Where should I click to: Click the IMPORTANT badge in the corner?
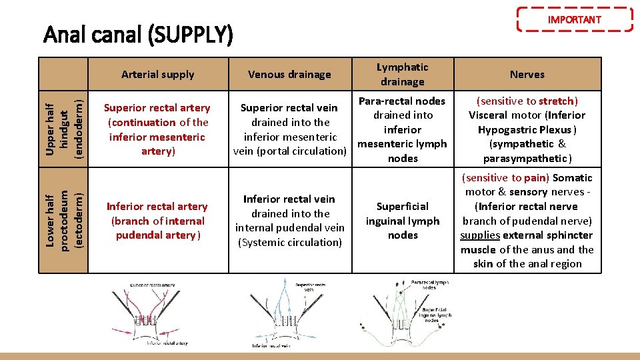(x=574, y=19)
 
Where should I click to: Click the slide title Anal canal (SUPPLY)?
(x=138, y=34)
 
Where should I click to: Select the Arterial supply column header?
(x=158, y=75)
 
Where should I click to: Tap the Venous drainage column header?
(x=289, y=75)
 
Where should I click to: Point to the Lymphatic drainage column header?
(x=402, y=74)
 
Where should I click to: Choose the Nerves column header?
(x=527, y=75)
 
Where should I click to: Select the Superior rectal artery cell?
(x=158, y=129)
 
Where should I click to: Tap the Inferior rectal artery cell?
(x=158, y=221)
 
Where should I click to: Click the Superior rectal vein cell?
(x=289, y=129)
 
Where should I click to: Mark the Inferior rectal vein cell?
(x=289, y=221)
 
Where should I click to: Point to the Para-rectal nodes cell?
(x=402, y=129)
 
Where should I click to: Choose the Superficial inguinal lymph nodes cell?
(x=402, y=221)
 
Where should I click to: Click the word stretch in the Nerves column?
(x=556, y=101)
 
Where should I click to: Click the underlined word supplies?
(x=480, y=235)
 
